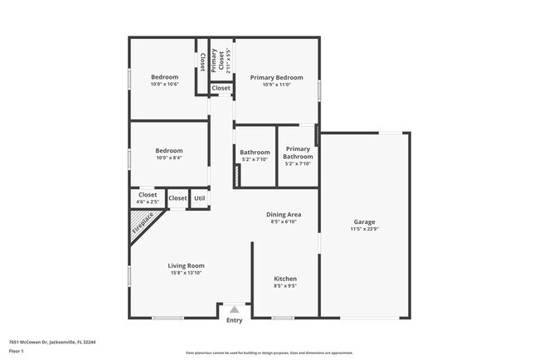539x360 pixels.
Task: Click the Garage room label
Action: click(x=365, y=222)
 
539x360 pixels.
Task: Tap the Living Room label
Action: click(x=187, y=265)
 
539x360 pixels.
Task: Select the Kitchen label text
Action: click(x=285, y=279)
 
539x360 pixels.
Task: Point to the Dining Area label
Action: click(x=283, y=215)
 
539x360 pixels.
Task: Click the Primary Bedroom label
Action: click(x=277, y=77)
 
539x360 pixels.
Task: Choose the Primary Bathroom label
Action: click(x=298, y=153)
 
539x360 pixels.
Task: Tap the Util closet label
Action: click(x=199, y=198)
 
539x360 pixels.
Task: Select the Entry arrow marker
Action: click(x=235, y=309)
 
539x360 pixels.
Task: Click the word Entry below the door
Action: click(x=235, y=320)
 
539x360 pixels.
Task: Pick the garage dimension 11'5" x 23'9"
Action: click(x=365, y=230)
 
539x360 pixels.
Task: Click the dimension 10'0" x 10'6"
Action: click(x=164, y=85)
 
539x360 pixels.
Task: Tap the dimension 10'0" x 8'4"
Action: click(x=169, y=158)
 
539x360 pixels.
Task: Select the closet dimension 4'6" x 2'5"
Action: click(x=148, y=202)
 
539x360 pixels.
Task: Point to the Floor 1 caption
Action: click(x=17, y=352)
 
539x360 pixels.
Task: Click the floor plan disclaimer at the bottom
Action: click(x=269, y=353)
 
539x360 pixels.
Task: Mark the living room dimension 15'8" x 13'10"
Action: click(x=187, y=273)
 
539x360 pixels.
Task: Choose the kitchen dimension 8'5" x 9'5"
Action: click(x=285, y=286)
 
